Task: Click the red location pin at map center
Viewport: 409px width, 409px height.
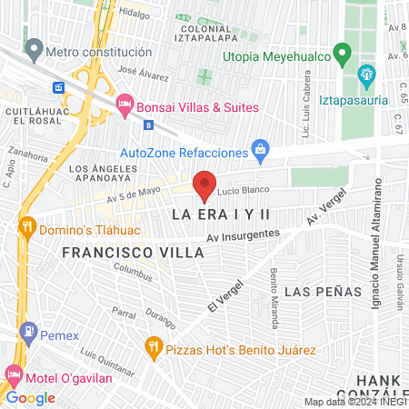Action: (x=205, y=185)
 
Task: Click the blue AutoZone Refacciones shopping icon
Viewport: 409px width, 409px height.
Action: (x=261, y=149)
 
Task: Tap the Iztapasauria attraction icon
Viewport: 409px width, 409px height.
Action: (x=366, y=74)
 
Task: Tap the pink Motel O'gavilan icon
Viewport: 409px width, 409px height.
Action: (x=13, y=374)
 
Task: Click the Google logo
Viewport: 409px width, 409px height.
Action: (x=31, y=397)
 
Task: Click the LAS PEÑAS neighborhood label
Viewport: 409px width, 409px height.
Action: (x=323, y=292)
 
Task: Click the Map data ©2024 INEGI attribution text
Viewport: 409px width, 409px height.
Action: (x=354, y=401)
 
